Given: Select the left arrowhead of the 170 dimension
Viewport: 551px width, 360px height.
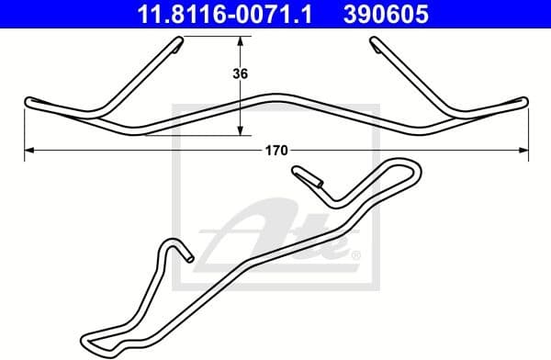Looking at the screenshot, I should [28, 148].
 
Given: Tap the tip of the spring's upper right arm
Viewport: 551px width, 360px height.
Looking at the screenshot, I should [377, 42].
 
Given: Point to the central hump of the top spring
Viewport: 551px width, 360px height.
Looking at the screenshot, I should [273, 95].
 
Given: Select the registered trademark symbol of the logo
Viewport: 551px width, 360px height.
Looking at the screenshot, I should [355, 254].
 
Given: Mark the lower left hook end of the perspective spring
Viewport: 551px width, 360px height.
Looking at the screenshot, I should [187, 257].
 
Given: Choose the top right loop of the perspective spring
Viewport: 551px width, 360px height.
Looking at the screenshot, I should [412, 168].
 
